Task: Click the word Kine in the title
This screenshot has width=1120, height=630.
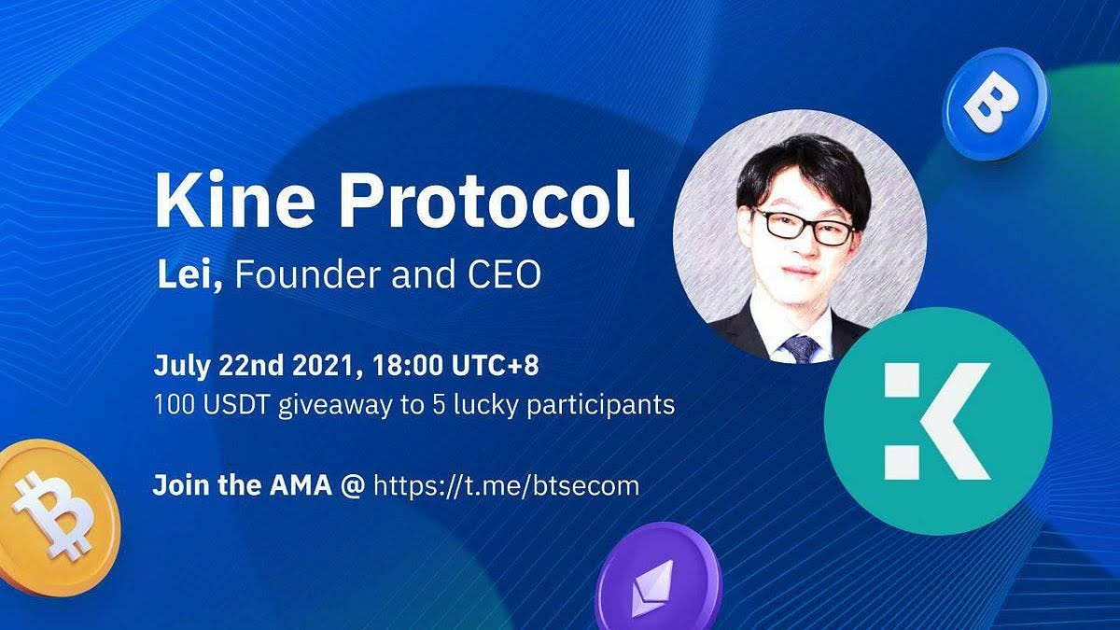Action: point(234,200)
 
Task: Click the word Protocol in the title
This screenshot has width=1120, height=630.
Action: point(487,200)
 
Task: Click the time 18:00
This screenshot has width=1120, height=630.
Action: point(408,366)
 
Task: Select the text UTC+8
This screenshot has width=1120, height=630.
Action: point(495,366)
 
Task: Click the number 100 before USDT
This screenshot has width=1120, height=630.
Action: point(174,404)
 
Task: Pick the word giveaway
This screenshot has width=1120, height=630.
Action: point(335,406)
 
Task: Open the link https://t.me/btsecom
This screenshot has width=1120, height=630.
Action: point(507,486)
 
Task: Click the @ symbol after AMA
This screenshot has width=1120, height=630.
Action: point(353,486)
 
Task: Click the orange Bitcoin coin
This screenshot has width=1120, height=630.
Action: point(56,518)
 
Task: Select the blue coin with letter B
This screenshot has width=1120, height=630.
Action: point(996,104)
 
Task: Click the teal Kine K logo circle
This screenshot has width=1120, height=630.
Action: point(938,421)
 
